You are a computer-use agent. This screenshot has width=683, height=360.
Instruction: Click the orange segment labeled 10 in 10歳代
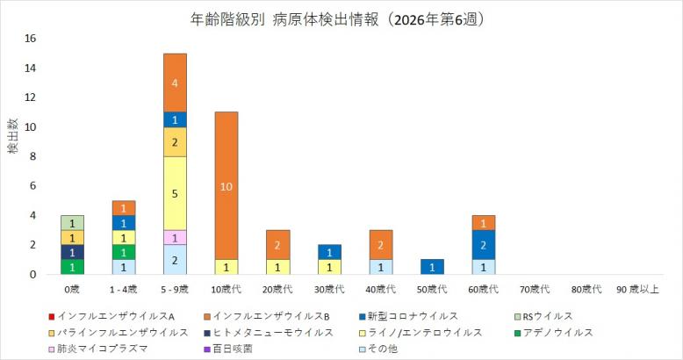226,185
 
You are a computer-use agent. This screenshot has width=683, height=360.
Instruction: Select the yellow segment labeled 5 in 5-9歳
175,193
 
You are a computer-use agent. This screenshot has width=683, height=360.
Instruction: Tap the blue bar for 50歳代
433,267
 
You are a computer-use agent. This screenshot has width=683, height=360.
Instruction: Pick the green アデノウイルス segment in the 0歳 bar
72,267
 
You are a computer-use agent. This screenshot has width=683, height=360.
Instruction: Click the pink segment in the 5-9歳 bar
175,237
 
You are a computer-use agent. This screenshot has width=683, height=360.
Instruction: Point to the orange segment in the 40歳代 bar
381,245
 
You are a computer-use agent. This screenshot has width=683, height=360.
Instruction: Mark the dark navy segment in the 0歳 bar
72,252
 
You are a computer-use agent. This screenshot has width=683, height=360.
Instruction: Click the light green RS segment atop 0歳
72,222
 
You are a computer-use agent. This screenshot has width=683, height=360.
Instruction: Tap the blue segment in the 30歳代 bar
330,252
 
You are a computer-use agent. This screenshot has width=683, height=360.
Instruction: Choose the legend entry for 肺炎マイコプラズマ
96,349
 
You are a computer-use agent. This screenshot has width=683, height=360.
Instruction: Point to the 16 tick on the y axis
31,39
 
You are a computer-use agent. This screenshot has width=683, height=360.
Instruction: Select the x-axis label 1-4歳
124,288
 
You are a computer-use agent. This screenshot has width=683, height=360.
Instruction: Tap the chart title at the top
341,17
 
